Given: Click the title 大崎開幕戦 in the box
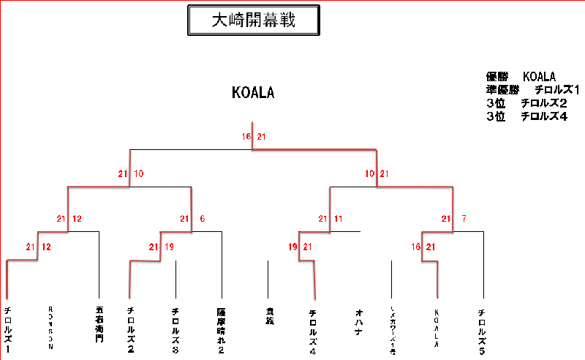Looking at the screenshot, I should pos(253,20).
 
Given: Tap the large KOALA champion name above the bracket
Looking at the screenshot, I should pos(253,93).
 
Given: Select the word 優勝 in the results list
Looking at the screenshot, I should pos(497,77).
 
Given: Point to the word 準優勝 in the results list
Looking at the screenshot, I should pos(502,90).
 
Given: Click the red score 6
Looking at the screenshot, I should pos(202,219).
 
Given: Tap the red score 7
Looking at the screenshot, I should pos(464,219).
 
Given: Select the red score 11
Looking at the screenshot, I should pos(339,219).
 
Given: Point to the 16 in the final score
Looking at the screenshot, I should pos(246,137).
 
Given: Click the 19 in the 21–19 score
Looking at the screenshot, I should pos(170,247).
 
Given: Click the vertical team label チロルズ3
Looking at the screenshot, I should pos(175,326).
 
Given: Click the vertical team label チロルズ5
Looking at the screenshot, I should pos(481,329).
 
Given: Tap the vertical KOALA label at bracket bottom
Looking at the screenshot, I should pos(437,327).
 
